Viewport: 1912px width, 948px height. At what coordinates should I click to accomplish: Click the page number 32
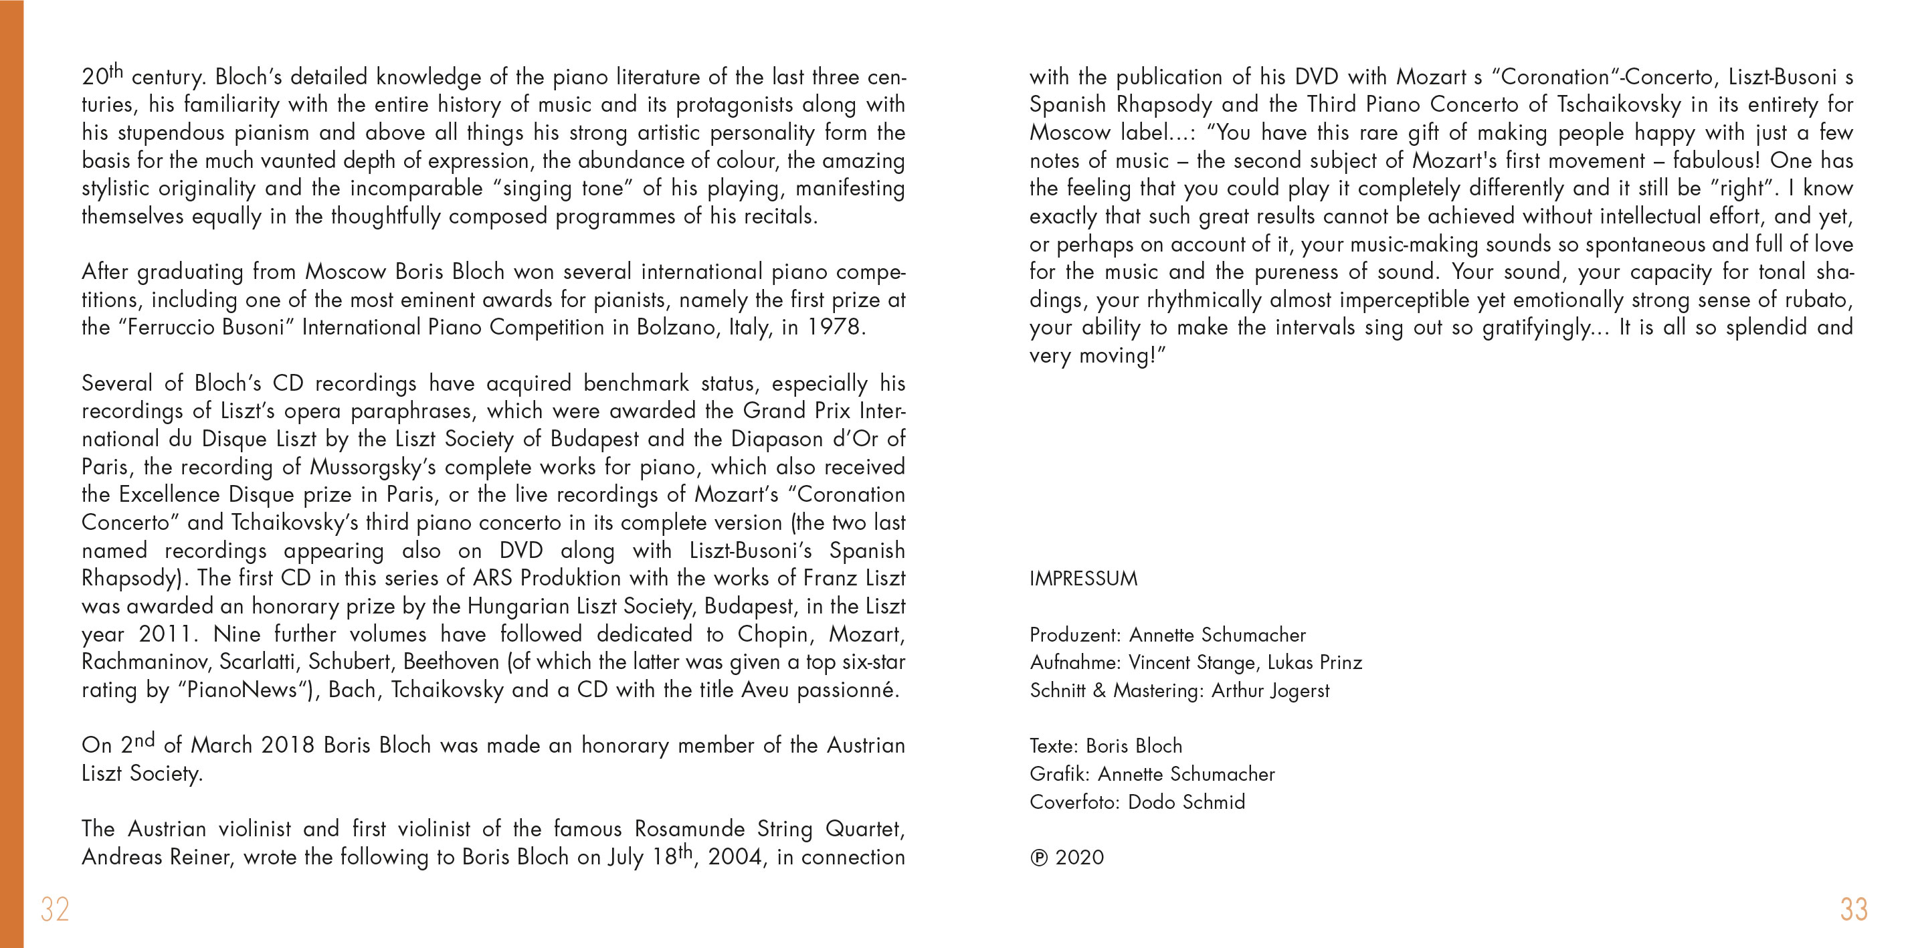click(55, 909)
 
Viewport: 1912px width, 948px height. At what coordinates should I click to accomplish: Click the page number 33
click(1853, 909)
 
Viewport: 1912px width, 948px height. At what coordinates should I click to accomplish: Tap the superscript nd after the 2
click(145, 740)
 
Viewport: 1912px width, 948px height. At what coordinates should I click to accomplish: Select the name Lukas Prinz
click(1315, 662)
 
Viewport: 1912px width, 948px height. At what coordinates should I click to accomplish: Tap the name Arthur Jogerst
click(1270, 690)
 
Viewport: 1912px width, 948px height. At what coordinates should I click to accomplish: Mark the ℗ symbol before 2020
click(1038, 858)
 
